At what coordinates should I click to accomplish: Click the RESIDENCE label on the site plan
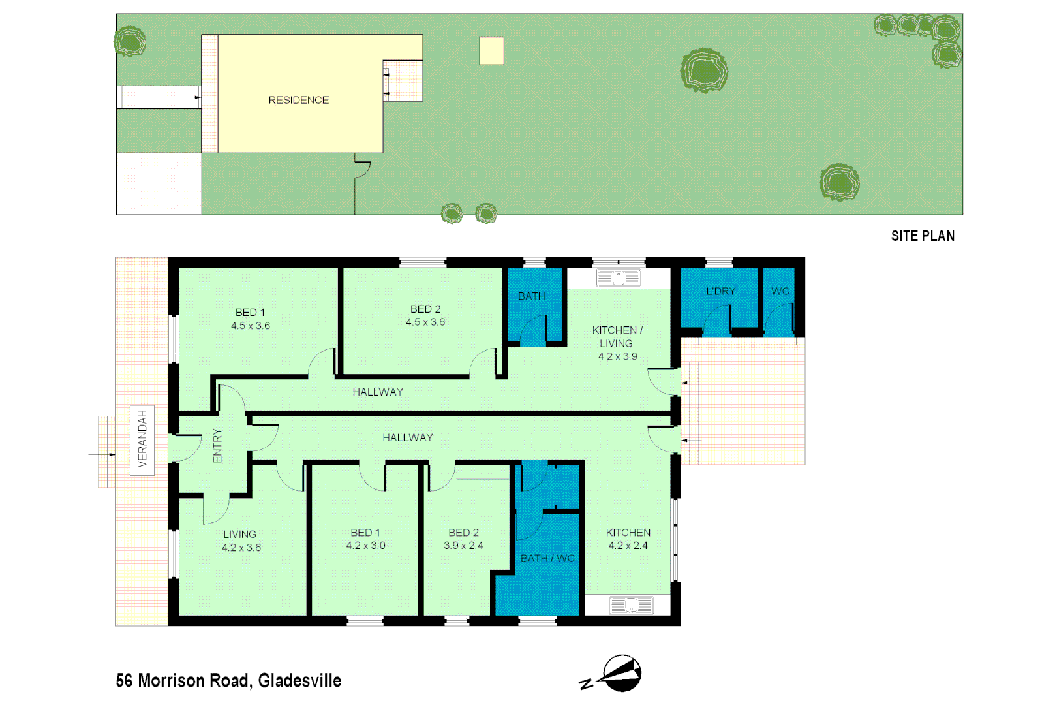(298, 100)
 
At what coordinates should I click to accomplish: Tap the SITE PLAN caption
(923, 236)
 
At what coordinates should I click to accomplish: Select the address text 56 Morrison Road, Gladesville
(228, 681)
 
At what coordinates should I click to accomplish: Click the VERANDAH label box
(142, 439)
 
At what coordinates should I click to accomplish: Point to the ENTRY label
(217, 446)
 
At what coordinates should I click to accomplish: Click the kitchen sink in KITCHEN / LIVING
(619, 278)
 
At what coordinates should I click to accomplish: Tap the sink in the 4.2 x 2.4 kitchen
(630, 605)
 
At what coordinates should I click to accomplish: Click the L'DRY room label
(720, 291)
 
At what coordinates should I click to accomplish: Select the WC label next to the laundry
(780, 291)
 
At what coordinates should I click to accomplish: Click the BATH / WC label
(547, 558)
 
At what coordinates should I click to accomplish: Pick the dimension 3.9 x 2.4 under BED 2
(463, 546)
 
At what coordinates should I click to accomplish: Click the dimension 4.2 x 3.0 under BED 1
(365, 546)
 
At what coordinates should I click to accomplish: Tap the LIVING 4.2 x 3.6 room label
(241, 540)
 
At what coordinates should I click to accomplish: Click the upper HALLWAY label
(378, 392)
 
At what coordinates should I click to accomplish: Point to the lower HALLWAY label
(408, 437)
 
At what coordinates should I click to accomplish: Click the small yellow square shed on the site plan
(491, 51)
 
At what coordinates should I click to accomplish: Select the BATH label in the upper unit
(531, 296)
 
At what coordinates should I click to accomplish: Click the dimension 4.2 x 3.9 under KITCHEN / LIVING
(617, 356)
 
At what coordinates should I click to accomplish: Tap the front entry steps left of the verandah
(107, 452)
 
